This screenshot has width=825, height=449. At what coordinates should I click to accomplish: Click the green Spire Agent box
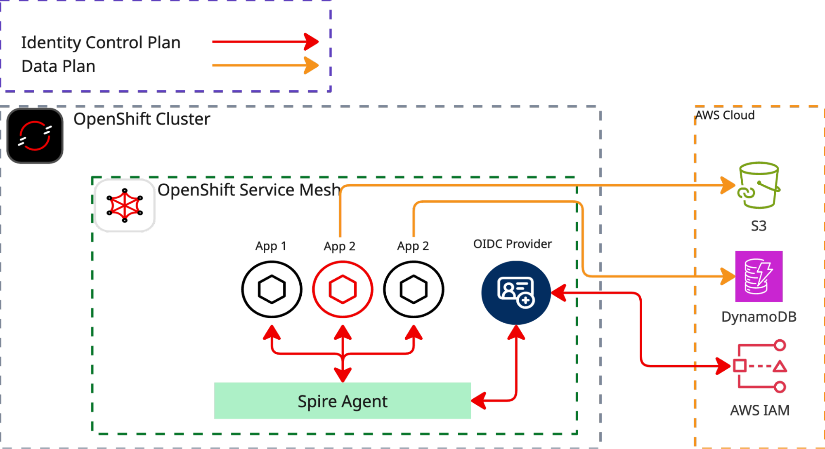coord(343,401)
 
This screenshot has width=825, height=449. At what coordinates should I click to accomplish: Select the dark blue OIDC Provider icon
coord(516,292)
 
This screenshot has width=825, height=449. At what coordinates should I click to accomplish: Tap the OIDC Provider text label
coord(512,244)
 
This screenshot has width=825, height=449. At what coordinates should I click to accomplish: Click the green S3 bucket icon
coord(759,185)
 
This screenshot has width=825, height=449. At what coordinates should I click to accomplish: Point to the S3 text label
coord(759,226)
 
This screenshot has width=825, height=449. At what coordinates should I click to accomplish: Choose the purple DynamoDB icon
coord(759,276)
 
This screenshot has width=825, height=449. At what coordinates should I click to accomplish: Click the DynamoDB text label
coord(759,317)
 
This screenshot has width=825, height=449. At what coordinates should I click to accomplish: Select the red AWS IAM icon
coord(760,366)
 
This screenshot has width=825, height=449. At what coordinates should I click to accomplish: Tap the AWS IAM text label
coord(759,410)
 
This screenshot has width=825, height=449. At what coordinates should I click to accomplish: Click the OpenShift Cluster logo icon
coord(35,136)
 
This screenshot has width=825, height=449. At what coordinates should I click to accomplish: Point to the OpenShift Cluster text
coord(142,119)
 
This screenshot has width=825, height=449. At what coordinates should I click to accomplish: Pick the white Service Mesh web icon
coord(125,205)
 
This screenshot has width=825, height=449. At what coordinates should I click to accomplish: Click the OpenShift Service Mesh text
coord(249,190)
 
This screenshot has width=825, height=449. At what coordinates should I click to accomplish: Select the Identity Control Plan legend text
coord(101,42)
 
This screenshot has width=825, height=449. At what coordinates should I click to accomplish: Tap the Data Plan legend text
coord(58,66)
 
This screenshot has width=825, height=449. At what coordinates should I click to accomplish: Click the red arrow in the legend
coord(265,42)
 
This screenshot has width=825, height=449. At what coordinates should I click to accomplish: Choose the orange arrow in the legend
coord(265,65)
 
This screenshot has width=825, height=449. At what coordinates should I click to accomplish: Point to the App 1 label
coord(270,246)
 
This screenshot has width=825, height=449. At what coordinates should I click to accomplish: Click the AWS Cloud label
coord(726,115)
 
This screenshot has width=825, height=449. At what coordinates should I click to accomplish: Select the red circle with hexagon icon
coord(343,289)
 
